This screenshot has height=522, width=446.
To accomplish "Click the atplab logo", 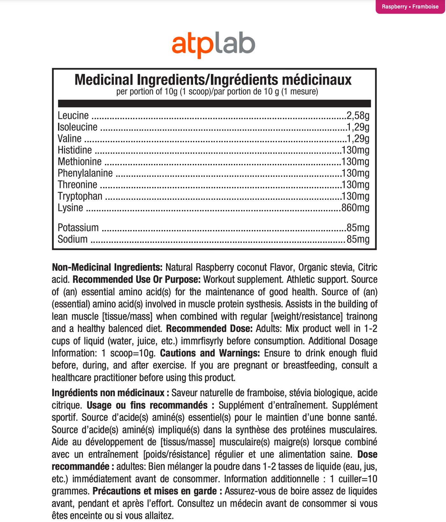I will (x=213, y=46).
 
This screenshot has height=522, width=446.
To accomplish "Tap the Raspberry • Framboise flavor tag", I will (x=410, y=7).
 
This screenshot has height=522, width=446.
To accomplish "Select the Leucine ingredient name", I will (x=73, y=116).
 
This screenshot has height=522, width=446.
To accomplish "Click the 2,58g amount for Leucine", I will (x=358, y=116).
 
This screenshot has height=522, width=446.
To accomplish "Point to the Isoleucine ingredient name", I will (x=77, y=127).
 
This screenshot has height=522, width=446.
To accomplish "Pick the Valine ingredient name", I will (x=69, y=138).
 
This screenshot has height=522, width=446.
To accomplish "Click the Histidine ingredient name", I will (x=75, y=150).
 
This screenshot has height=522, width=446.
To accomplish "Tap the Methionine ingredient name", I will (x=80, y=161).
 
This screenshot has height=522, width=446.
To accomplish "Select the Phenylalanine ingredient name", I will (x=85, y=173).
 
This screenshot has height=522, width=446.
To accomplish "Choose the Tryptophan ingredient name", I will (x=80, y=196).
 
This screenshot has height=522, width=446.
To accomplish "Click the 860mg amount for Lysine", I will (x=356, y=208).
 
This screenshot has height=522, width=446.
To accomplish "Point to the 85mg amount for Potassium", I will (x=358, y=227).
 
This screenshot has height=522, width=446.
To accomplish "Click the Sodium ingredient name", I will (x=73, y=239).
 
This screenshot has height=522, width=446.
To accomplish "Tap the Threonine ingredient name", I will (x=77, y=184).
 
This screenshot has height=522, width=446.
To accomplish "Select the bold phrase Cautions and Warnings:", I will (x=210, y=353).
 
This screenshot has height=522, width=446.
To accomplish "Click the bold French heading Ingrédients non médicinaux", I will (x=108, y=393).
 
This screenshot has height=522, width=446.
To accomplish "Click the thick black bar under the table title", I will (x=214, y=103).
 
